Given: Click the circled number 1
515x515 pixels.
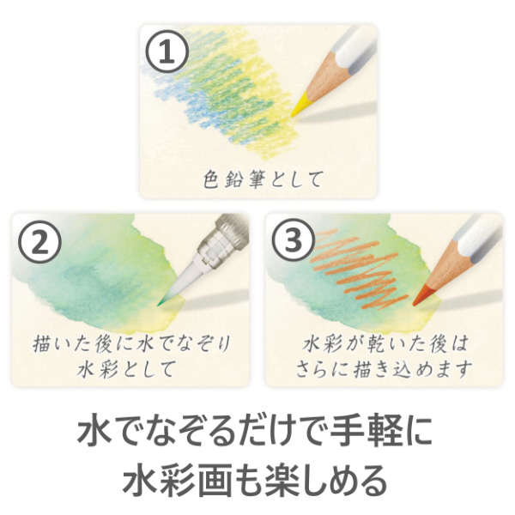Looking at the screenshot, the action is point(167,51).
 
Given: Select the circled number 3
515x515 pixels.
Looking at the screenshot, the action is point(294,239).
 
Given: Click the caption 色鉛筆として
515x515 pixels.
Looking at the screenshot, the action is point(262,179).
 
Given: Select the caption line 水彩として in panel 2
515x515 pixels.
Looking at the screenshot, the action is point(125,369).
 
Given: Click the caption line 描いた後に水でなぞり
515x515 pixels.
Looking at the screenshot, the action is point(131,344).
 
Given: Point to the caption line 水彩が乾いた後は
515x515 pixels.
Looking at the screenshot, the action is point(385,344).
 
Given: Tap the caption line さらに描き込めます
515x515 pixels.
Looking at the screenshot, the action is point(385,369).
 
